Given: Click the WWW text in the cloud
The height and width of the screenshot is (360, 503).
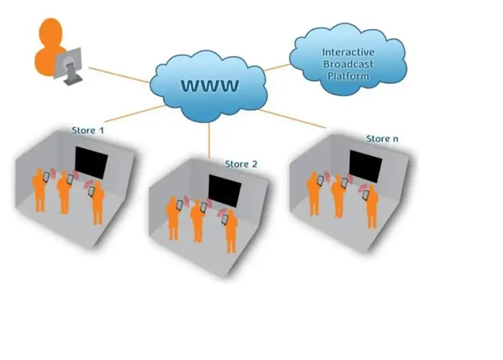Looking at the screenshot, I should click(210, 86).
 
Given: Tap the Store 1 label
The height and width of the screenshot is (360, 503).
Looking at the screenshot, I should click(87, 131).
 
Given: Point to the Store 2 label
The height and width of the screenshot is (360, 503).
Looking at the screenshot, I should click(241, 164).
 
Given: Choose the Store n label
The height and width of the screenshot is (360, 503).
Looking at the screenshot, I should click(382, 138).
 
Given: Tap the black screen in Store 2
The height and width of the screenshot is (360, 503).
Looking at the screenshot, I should click(225, 190).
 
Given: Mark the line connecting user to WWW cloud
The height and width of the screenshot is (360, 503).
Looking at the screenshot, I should click(119, 75).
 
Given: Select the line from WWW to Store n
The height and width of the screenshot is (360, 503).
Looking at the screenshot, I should click(293, 119).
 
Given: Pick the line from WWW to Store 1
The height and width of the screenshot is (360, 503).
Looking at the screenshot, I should click(133, 114).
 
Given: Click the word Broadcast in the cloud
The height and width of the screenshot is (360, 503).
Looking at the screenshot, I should click(348, 64).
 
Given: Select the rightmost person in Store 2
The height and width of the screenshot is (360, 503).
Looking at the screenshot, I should click(231, 230).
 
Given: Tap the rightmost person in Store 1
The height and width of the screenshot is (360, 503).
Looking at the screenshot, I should click(97, 202).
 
